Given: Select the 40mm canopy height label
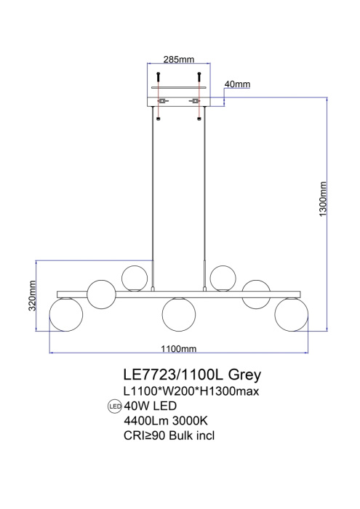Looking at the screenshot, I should point(237,85).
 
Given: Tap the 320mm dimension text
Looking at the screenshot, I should point(33,296).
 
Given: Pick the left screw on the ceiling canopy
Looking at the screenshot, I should point(159,75).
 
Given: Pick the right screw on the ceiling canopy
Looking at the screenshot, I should point(199,75).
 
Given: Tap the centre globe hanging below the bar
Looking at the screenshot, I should point(179,313).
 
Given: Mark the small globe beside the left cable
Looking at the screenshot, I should point(135,278).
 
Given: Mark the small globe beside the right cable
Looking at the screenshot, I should point(223,278).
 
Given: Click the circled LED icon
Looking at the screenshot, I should point(114,406).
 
